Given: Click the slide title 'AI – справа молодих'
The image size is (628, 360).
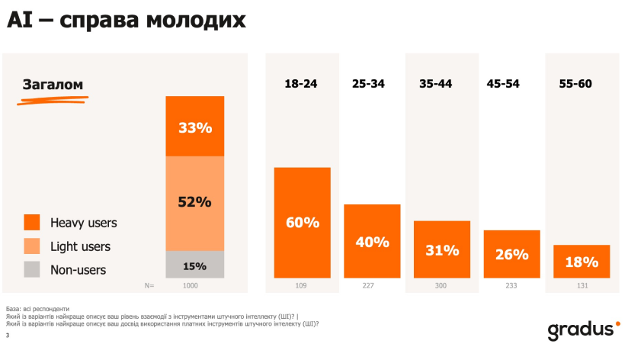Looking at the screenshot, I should click(127, 21).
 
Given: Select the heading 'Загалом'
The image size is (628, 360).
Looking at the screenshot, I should click(53, 85).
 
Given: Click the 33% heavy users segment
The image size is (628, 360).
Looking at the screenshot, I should click(195, 127).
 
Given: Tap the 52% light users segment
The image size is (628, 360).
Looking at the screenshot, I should click(195, 202).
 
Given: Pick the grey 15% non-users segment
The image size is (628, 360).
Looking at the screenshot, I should click(195, 265).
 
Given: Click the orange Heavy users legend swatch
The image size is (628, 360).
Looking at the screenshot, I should click(32, 223).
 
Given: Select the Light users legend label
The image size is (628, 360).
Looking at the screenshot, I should click(80, 246).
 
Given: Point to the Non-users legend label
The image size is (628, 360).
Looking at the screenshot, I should click(78, 269).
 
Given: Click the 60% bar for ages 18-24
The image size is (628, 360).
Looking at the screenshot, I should click(303, 222).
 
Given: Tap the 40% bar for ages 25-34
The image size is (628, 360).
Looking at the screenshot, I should click(372, 241).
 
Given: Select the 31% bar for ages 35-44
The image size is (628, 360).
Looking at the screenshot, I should click(442, 249).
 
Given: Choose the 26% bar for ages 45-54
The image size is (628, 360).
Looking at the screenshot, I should click(511, 254).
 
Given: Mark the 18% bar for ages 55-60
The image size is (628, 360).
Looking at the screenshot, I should click(582, 262).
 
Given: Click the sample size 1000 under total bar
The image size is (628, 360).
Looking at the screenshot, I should click(194, 286).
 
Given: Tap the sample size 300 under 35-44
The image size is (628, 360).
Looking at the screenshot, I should click(442, 286).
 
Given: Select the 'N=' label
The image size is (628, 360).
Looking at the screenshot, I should click(149, 286).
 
